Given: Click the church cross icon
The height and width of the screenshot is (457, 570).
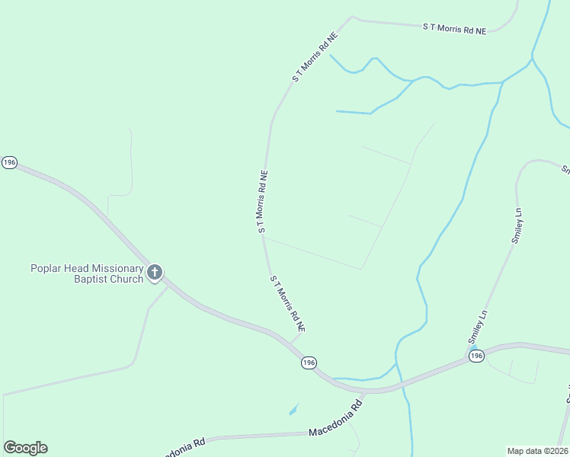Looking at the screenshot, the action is pyautogui.click(x=154, y=272).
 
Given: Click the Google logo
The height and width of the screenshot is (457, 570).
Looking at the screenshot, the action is pyautogui.click(x=25, y=448).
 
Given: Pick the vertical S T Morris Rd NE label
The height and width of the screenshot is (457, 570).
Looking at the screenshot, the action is pyautogui.click(x=262, y=201).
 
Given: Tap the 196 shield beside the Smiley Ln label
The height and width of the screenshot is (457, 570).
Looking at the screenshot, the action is pyautogui.click(x=476, y=356).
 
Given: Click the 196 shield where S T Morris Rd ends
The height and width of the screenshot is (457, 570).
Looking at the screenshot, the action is pyautogui.click(x=308, y=363).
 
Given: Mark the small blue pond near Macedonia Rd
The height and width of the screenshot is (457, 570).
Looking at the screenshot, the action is pyautogui.click(x=294, y=410).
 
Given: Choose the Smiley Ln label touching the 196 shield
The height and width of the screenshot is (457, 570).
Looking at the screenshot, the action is pyautogui.click(x=477, y=329).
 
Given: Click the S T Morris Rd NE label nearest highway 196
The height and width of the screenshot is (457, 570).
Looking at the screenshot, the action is pyautogui.click(x=287, y=303).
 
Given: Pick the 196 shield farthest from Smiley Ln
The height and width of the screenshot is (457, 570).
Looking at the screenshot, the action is pyautogui.click(x=9, y=163).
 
